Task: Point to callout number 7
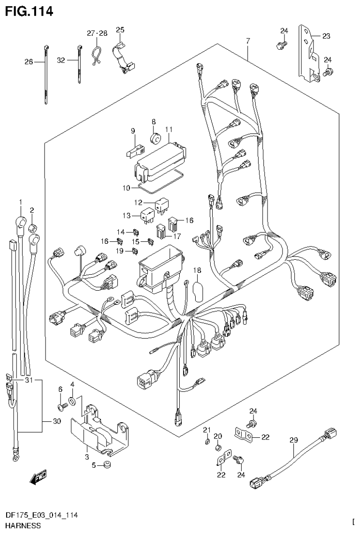click(x=247, y=41)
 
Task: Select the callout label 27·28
click(x=97, y=33)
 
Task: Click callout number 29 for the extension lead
click(x=293, y=440)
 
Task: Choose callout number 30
click(x=56, y=421)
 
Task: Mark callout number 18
click(x=197, y=270)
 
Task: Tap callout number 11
click(x=169, y=129)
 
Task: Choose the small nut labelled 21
click(x=207, y=442)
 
